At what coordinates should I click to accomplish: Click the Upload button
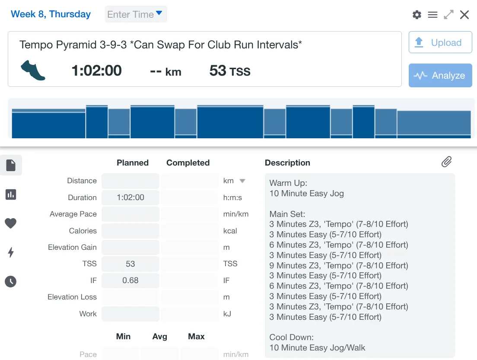(440, 42)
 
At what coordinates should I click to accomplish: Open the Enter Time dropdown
(136, 14)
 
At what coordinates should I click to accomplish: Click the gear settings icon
(417, 15)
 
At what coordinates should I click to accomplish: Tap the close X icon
(464, 15)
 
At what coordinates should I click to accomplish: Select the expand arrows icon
(449, 15)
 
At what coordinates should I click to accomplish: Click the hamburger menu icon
(432, 15)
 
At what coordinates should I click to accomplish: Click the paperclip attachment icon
(446, 162)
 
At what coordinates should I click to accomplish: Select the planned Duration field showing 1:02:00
(130, 198)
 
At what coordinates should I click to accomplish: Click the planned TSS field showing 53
(130, 264)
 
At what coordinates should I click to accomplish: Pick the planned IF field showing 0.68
(130, 280)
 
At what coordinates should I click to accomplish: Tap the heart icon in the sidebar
(11, 223)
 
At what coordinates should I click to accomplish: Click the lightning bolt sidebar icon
(11, 252)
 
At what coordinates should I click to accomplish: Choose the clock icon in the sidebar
(11, 282)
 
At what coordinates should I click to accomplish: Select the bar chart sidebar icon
(11, 194)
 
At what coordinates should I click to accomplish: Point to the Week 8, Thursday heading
(51, 14)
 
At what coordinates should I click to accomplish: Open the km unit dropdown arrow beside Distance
(242, 181)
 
